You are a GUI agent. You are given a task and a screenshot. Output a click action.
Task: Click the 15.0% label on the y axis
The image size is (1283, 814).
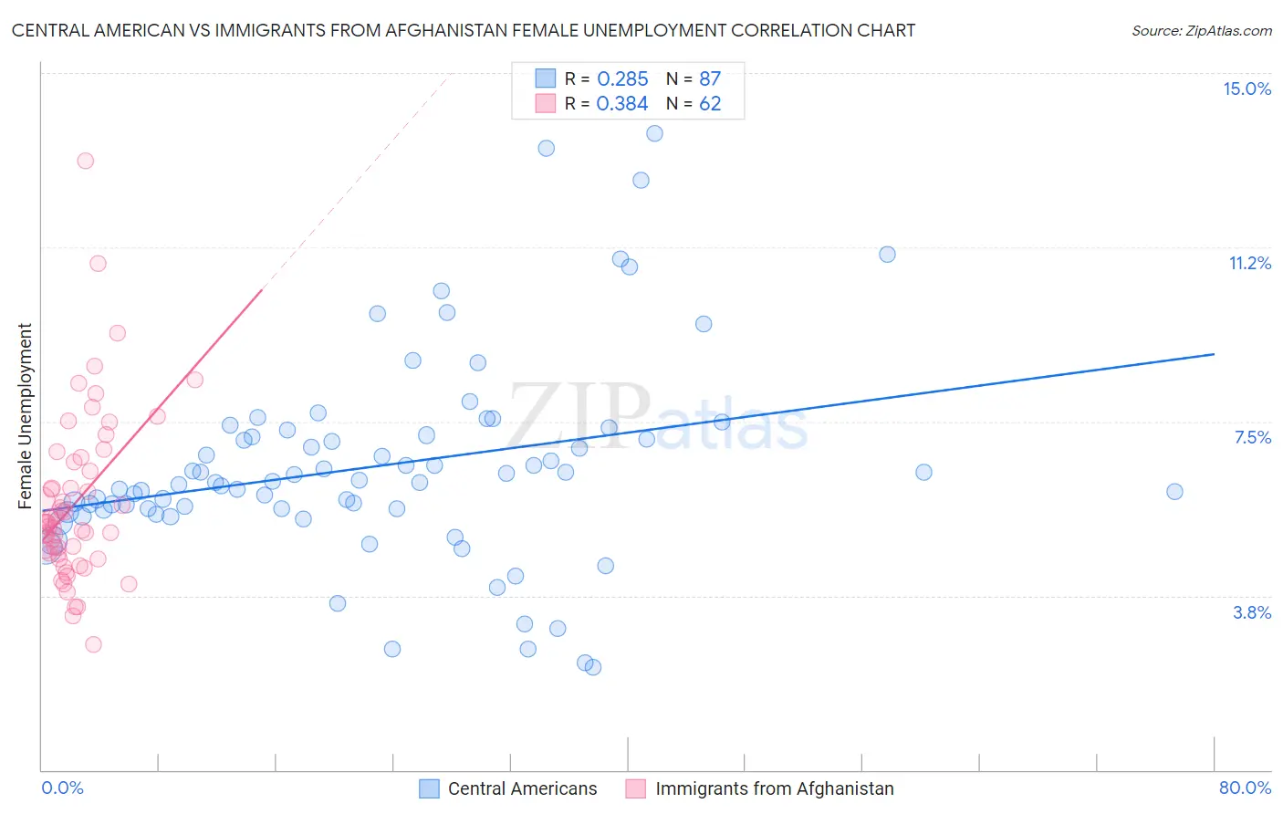pos(1246,89)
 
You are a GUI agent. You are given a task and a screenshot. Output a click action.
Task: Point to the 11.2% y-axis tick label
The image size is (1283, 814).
pos(1249,263)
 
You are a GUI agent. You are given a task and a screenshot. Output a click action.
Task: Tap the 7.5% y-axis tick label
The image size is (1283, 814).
pos(1252,437)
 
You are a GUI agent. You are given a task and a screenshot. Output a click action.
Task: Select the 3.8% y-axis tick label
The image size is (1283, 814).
pos(1252,612)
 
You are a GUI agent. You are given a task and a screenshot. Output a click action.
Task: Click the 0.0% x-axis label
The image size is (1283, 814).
pos(62,788)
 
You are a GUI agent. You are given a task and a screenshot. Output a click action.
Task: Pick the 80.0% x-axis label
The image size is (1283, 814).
pos(1245,788)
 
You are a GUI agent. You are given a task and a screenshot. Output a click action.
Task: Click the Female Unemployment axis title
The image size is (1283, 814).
pos(25,416)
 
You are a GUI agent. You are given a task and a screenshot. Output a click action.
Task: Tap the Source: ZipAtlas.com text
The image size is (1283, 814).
pos(1201,30)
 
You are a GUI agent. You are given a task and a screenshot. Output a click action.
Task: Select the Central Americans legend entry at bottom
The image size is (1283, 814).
pos(522,788)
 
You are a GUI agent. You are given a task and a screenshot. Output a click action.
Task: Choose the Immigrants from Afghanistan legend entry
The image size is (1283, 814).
pos(774,788)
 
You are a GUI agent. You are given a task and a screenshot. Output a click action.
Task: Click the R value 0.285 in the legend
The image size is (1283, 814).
pos(622,79)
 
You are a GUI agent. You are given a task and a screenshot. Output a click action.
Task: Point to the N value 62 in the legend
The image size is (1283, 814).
pos(710,104)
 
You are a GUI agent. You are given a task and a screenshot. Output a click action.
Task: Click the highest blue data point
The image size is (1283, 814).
pos(654,133)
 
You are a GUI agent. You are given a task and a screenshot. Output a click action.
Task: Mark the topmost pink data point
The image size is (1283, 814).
pos(85,161)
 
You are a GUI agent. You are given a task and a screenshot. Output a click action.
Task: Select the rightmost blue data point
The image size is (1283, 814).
pos(1174,491)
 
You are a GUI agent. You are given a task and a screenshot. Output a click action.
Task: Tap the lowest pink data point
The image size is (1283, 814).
pos(93,644)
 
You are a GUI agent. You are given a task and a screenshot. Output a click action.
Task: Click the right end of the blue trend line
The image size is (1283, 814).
pos(1214,353)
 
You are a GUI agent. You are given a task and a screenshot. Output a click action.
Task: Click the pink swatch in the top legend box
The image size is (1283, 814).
pos(546,103)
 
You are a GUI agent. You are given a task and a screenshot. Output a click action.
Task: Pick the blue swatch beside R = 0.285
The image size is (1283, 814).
pos(546,78)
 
